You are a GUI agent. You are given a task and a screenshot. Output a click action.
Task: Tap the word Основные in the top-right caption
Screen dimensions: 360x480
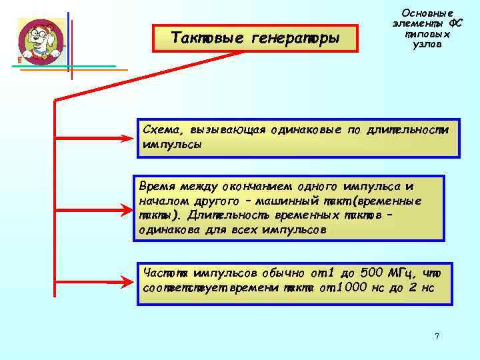[427, 13]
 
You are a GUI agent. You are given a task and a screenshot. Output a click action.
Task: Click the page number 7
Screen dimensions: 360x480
[437, 336]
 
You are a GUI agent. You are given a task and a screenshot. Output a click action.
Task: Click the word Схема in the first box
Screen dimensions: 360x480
[161, 129]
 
